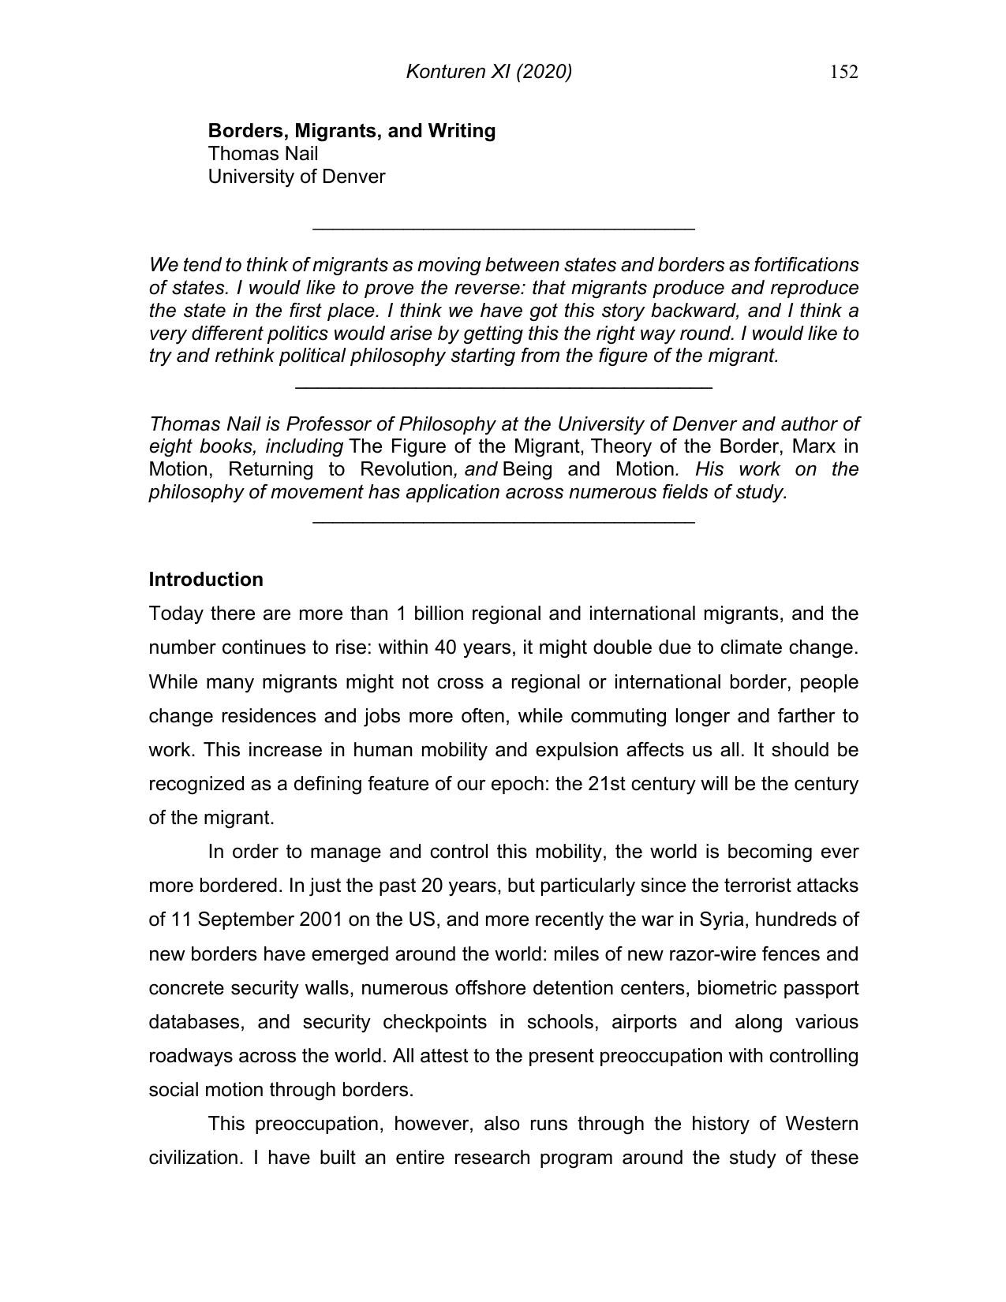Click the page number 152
coord(843,73)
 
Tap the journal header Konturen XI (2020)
coord(488,73)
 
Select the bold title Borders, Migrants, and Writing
coord(351,131)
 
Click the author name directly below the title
coord(263,154)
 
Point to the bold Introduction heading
coord(206,580)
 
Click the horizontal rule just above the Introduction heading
coord(503,521)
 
